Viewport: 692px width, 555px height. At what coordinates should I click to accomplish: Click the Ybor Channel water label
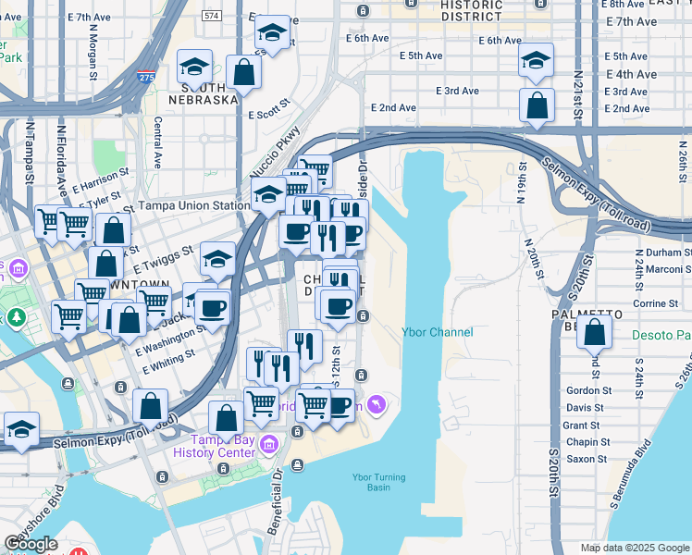[437, 333]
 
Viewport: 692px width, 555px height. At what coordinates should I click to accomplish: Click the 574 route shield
[212, 16]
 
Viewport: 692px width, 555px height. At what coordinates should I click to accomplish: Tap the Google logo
[31, 544]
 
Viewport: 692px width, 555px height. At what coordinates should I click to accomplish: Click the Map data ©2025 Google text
[635, 548]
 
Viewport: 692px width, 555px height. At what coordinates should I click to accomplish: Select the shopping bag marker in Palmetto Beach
[594, 332]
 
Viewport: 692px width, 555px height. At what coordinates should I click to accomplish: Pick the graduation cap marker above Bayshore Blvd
[21, 428]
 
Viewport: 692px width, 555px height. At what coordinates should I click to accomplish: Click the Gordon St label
[585, 390]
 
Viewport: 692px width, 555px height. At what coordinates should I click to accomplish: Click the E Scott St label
[270, 115]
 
